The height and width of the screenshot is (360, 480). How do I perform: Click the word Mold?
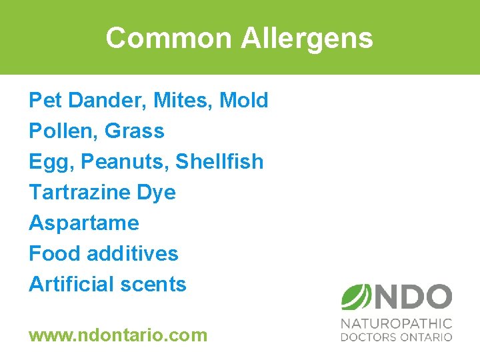[x=243, y=101]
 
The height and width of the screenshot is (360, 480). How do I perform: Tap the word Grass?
[x=134, y=131]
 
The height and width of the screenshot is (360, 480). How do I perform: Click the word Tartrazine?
[x=79, y=193]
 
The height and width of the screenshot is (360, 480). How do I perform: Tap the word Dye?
[x=156, y=193]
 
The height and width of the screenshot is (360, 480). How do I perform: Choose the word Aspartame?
[x=84, y=223]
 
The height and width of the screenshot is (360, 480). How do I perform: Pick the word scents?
[x=158, y=284]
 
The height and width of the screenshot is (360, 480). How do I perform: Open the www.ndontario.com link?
[x=118, y=335]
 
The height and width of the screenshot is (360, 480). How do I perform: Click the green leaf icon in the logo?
[x=356, y=296]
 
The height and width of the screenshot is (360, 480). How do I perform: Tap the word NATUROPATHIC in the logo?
[x=396, y=324]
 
